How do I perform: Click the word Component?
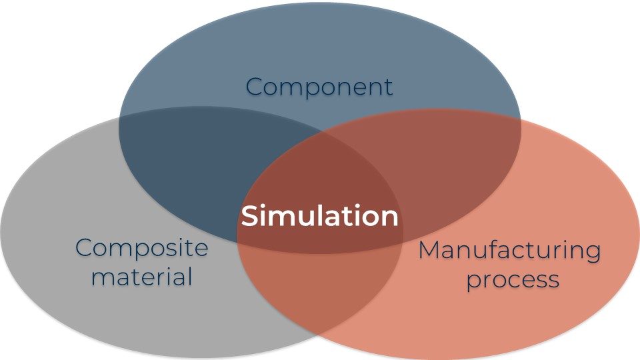(319, 87)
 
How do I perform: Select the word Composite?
(141, 249)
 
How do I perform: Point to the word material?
(141, 275)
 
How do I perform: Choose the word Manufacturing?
(509, 251)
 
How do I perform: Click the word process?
(512, 279)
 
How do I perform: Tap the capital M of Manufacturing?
(429, 251)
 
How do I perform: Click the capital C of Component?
(254, 87)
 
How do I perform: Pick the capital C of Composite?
(84, 248)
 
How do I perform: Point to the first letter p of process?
(472, 281)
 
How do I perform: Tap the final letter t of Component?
(388, 87)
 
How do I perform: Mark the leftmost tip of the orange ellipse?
(237, 233)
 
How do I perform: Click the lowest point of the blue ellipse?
(320, 254)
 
